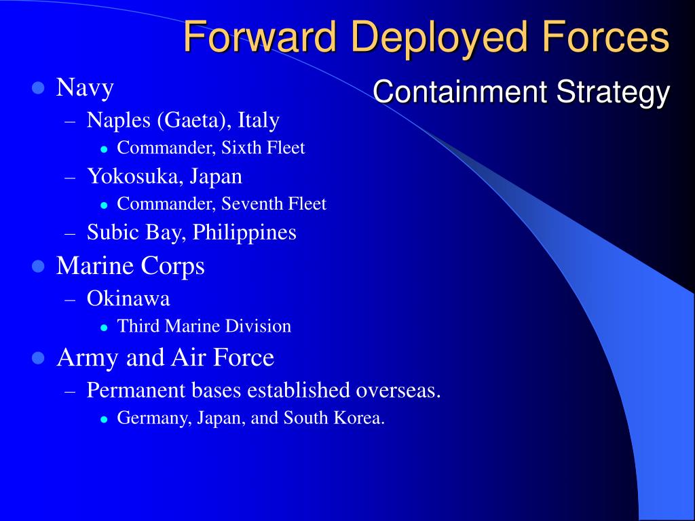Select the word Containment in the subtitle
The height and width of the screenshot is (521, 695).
pyautogui.click(x=459, y=92)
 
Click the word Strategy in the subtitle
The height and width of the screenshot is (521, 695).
pyautogui.click(x=614, y=92)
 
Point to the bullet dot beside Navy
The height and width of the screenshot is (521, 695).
pyautogui.click(x=38, y=88)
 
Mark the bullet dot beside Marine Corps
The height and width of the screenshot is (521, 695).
pyautogui.click(x=38, y=267)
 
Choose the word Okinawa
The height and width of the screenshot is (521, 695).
pyautogui.click(x=128, y=298)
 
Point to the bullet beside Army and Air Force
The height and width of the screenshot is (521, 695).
pyautogui.click(x=38, y=358)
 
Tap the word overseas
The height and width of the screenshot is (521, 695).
pyautogui.click(x=399, y=390)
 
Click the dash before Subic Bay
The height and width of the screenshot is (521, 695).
pyautogui.click(x=71, y=233)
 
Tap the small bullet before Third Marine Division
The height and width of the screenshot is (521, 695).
pyautogui.click(x=104, y=327)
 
